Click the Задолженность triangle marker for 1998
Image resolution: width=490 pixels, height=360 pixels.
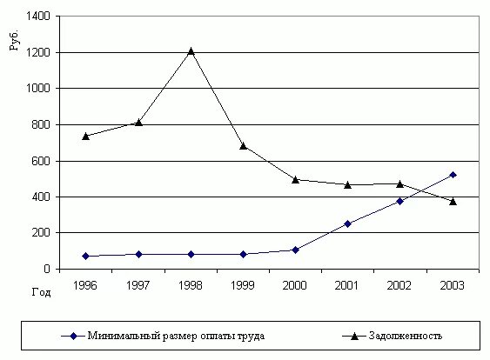coord(191,50)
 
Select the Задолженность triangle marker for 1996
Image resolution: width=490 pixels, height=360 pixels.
coord(86,136)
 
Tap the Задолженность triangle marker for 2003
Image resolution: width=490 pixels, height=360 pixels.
coord(453,201)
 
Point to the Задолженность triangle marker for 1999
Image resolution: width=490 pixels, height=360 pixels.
coord(243,145)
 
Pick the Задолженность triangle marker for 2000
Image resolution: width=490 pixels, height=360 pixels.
coord(296,179)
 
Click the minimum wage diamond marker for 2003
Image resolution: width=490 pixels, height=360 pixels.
coord(453,175)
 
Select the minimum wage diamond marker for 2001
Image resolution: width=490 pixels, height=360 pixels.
coord(348,223)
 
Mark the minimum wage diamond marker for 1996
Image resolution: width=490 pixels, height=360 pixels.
coord(86,256)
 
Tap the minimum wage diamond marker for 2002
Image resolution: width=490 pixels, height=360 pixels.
coord(400,201)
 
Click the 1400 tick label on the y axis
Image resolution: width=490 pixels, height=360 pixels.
coord(38,17)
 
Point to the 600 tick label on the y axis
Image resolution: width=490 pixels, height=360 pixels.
coord(41,161)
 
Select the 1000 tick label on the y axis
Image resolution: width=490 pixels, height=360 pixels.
coord(38,89)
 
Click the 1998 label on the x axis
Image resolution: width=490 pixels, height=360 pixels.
coord(191,284)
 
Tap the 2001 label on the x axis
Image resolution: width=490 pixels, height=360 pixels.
coord(348,284)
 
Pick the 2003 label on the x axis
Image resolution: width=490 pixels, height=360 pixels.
coord(453,284)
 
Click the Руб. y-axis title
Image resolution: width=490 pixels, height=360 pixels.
coord(15,41)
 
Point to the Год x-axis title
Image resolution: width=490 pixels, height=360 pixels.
coord(41,292)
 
